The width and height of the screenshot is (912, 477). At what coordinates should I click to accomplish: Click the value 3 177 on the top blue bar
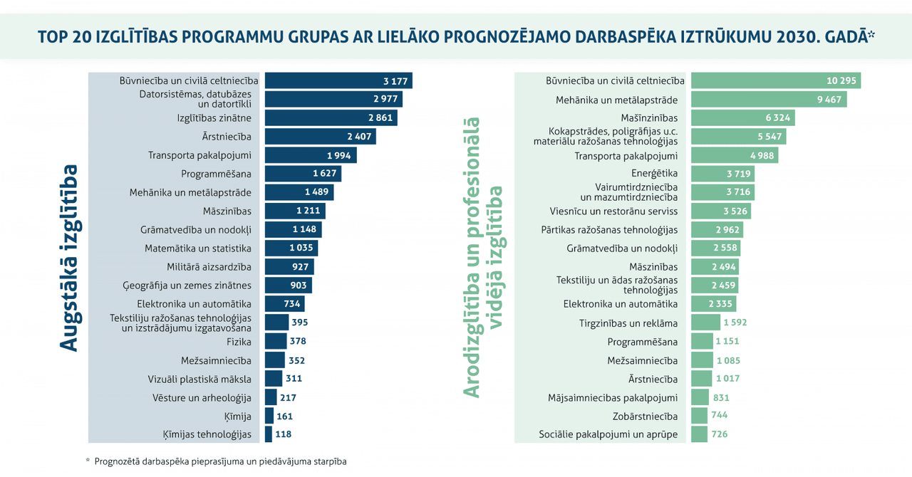tap(395, 80)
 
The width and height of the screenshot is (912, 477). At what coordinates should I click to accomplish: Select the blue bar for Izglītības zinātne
tap(331, 117)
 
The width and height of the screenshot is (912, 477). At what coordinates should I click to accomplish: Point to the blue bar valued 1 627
tap(303, 174)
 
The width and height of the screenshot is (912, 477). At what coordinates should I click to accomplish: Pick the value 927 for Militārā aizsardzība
tap(300, 267)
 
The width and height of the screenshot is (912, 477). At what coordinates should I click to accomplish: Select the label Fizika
tap(239, 342)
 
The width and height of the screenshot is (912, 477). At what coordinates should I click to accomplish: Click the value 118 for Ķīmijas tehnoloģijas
tap(284, 434)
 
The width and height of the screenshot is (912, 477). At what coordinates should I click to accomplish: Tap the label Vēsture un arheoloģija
tap(202, 397)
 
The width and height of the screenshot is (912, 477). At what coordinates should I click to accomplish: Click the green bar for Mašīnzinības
tap(742, 117)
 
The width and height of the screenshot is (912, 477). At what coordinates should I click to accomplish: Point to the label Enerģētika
tap(654, 174)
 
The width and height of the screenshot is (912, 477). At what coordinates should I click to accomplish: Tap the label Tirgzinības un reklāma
tap(628, 323)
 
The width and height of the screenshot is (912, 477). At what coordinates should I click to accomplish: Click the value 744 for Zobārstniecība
tap(719, 416)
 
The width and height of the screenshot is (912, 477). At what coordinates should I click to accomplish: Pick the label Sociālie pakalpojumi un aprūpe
tap(608, 434)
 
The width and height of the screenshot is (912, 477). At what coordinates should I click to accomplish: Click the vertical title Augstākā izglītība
tap(68, 258)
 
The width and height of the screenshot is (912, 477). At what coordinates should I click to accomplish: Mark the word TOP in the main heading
tap(54, 36)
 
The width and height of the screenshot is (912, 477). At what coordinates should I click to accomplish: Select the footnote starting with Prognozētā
tap(220, 461)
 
